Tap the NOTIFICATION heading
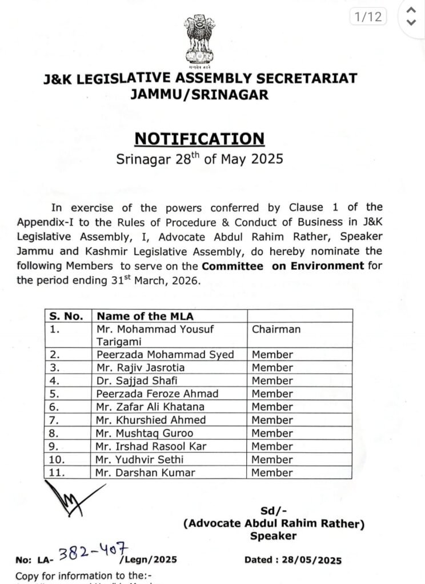[199, 139]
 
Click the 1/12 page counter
[367, 17]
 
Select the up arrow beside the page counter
[410, 10]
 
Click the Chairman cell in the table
[276, 329]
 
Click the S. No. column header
[66, 316]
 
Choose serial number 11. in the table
[59, 472]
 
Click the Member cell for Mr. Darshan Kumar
[272, 472]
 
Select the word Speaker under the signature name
[273, 536]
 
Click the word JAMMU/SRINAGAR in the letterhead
[199, 95]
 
